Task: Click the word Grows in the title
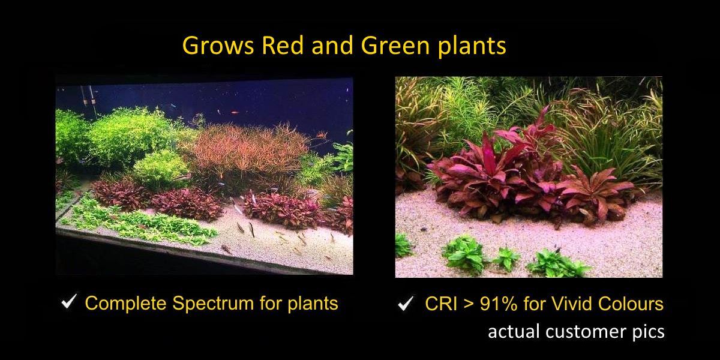218,46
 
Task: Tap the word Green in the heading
397,46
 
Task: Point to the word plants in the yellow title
472,47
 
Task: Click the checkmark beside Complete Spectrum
69,301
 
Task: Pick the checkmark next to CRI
406,303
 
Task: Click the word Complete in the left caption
125,303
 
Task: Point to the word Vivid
572,304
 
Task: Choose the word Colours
631,304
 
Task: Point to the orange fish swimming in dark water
235,113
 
